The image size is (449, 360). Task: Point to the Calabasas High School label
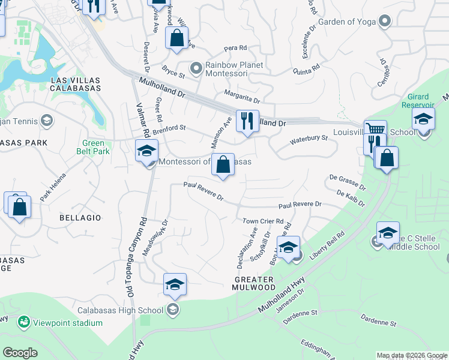120,310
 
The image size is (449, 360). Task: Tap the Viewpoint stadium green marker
23,322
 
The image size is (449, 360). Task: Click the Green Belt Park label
93,147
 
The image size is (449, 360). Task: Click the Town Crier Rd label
262,221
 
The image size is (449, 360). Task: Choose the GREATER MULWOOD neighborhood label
254,283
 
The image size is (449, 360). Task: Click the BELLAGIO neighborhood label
80,217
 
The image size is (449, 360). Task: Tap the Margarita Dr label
242,96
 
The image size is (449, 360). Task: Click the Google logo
20,353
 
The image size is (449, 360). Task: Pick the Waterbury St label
309,139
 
